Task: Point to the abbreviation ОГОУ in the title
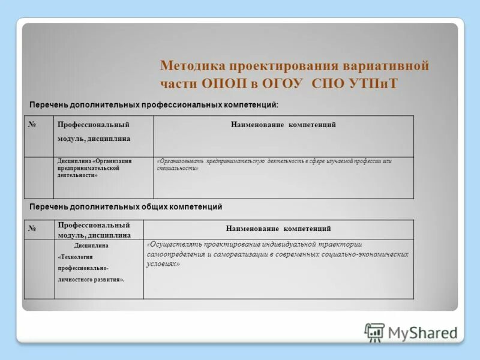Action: coord(279,83)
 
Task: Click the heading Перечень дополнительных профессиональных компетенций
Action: coord(154,104)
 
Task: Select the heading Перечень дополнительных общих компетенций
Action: coord(126,207)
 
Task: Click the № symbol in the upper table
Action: coord(31,124)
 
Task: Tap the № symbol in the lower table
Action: coord(32,229)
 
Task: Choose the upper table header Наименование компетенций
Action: coord(283,125)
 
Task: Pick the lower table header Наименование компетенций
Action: coord(278,229)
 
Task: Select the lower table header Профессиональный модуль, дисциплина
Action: coord(94,230)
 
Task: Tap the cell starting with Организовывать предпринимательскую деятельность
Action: coord(274,165)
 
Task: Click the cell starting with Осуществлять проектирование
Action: coord(277,254)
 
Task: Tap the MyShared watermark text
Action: coord(422,333)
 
